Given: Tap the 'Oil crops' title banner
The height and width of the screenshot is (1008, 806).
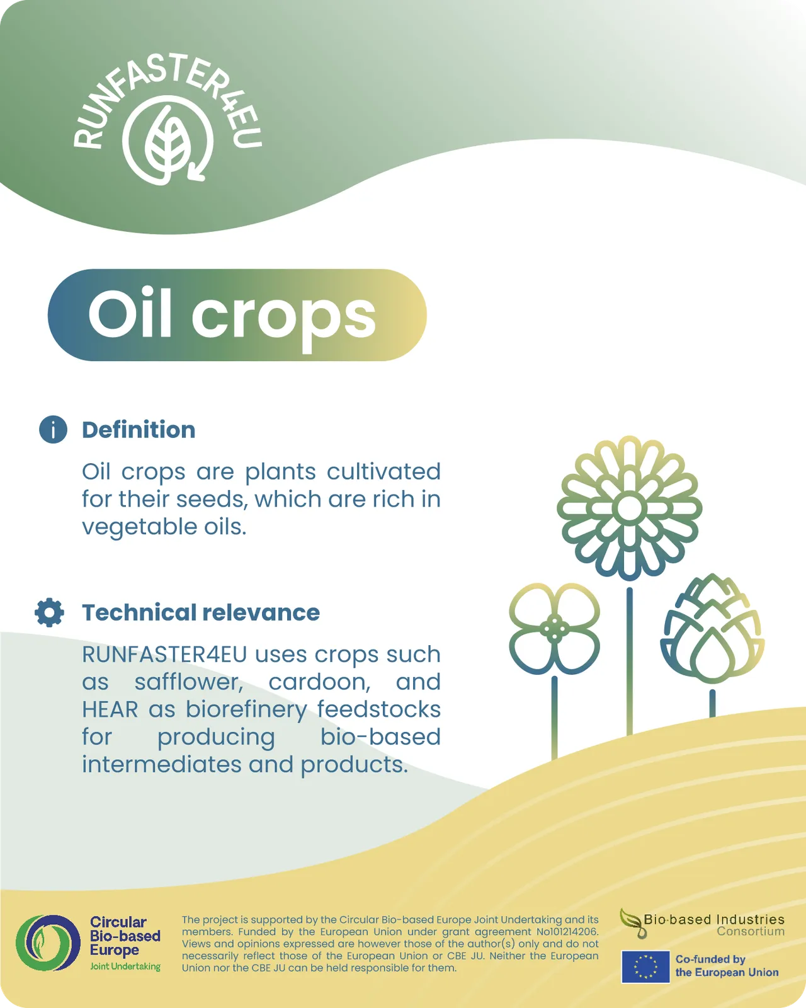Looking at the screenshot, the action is click(x=237, y=315).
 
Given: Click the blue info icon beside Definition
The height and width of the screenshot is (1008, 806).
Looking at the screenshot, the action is click(x=53, y=429).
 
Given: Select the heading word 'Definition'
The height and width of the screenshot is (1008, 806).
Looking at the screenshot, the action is click(x=139, y=430).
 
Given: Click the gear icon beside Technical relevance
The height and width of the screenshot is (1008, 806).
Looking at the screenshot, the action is click(x=49, y=612).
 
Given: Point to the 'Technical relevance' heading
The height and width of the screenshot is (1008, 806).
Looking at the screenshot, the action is click(x=201, y=612).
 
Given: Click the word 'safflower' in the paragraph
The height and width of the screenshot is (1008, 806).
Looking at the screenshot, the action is click(x=189, y=682).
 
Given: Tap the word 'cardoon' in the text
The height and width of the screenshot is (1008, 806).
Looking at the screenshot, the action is click(x=319, y=682).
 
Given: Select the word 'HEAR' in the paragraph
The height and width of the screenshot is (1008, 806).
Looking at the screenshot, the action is click(x=110, y=709).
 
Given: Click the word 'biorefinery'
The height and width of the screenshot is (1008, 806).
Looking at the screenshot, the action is click(x=246, y=709).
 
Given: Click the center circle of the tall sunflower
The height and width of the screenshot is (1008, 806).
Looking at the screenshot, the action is click(x=630, y=508).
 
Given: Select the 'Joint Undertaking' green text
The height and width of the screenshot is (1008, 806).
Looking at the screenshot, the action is click(x=125, y=967).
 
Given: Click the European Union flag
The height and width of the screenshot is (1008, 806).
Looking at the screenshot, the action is click(x=645, y=967).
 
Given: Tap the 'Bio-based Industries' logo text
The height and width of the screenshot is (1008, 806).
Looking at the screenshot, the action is click(x=714, y=919).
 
